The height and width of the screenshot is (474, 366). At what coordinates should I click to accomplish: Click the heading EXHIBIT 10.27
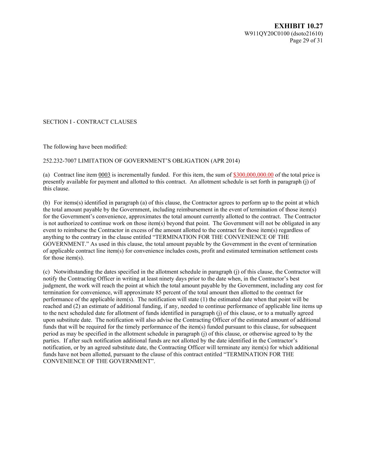click(298, 26)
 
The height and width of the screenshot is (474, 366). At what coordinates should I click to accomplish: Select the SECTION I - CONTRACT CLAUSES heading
click(90, 122)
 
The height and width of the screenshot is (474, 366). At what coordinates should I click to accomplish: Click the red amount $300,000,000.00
click(253, 175)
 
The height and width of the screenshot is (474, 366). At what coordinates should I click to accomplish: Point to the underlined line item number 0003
click(104, 175)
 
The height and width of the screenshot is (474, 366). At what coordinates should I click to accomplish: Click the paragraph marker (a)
click(46, 175)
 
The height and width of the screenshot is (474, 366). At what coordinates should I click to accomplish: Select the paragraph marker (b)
click(46, 203)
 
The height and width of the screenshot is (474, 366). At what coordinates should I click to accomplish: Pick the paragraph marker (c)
click(46, 272)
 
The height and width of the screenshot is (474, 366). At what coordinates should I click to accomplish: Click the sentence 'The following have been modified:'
click(85, 147)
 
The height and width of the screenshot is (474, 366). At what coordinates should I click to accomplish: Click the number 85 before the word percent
click(159, 292)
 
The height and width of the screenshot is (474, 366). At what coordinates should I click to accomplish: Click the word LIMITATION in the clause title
click(97, 161)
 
